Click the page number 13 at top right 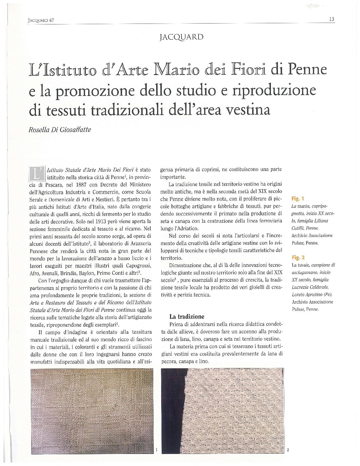coord(331,19)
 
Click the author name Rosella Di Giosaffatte coord(59,130)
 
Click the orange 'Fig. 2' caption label coord(297,258)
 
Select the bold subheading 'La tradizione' coord(187,317)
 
